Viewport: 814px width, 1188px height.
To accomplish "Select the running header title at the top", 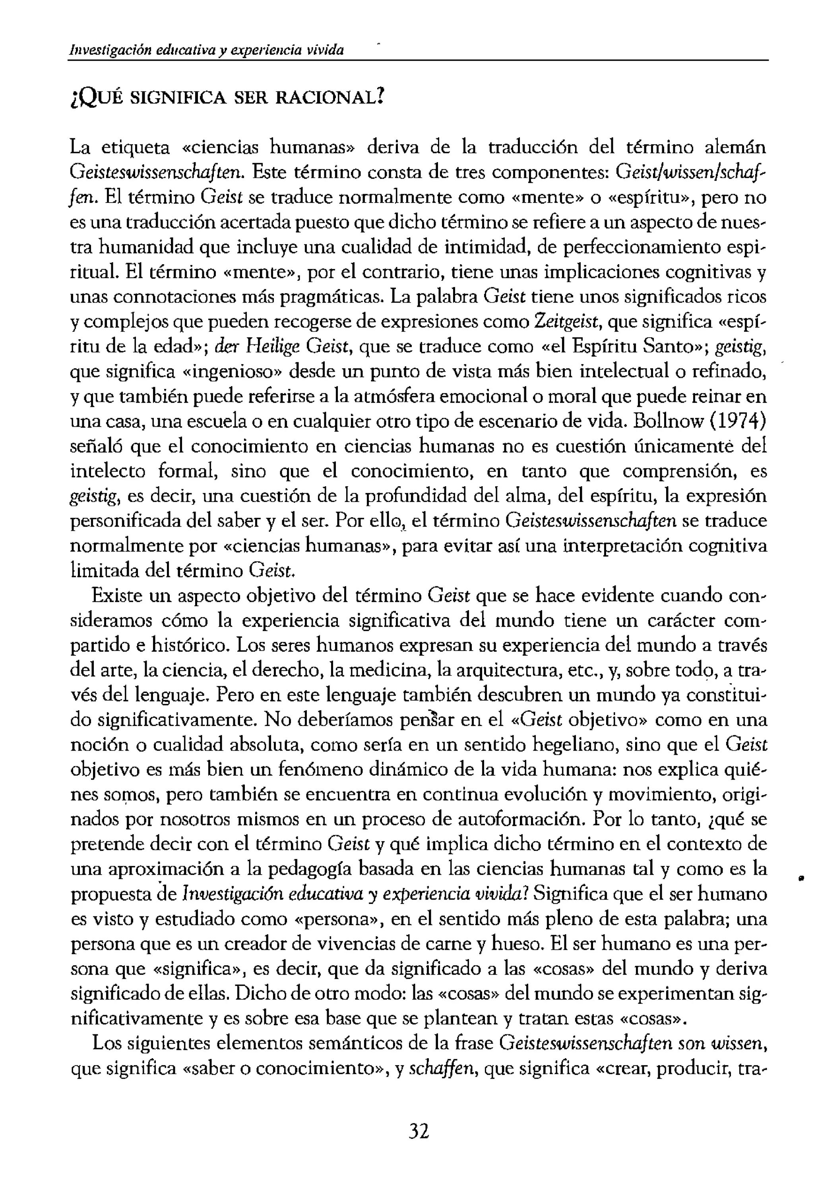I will (207, 50).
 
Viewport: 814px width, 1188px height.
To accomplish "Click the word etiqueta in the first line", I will (135, 148).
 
